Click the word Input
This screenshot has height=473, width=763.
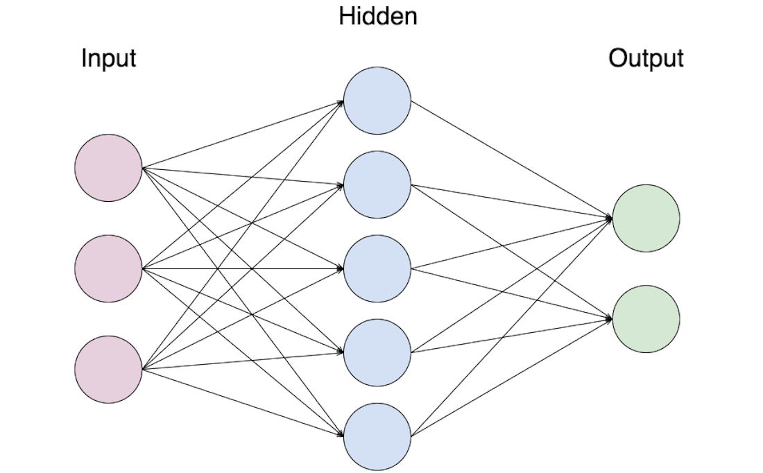[x=108, y=58]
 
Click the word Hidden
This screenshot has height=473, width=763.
[x=378, y=16]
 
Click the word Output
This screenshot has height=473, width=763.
[x=646, y=58]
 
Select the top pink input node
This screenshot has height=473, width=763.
[x=109, y=168]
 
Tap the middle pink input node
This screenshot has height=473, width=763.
[x=109, y=268]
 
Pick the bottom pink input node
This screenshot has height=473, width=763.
[x=109, y=369]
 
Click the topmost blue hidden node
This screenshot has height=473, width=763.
[x=377, y=101]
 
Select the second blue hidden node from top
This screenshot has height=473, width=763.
[x=377, y=185]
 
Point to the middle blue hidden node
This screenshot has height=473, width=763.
[x=377, y=268]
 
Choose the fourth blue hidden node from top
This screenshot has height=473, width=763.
[x=377, y=352]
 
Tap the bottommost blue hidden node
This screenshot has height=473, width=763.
[x=377, y=436]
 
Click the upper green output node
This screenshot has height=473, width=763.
[x=646, y=218]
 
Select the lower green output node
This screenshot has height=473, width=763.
[x=646, y=319]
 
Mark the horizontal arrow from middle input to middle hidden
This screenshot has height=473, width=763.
[x=243, y=268]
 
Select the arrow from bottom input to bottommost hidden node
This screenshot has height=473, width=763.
[x=243, y=402]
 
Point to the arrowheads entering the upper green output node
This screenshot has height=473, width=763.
[x=608, y=218]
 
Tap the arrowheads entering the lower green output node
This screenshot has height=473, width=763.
[x=608, y=319]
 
